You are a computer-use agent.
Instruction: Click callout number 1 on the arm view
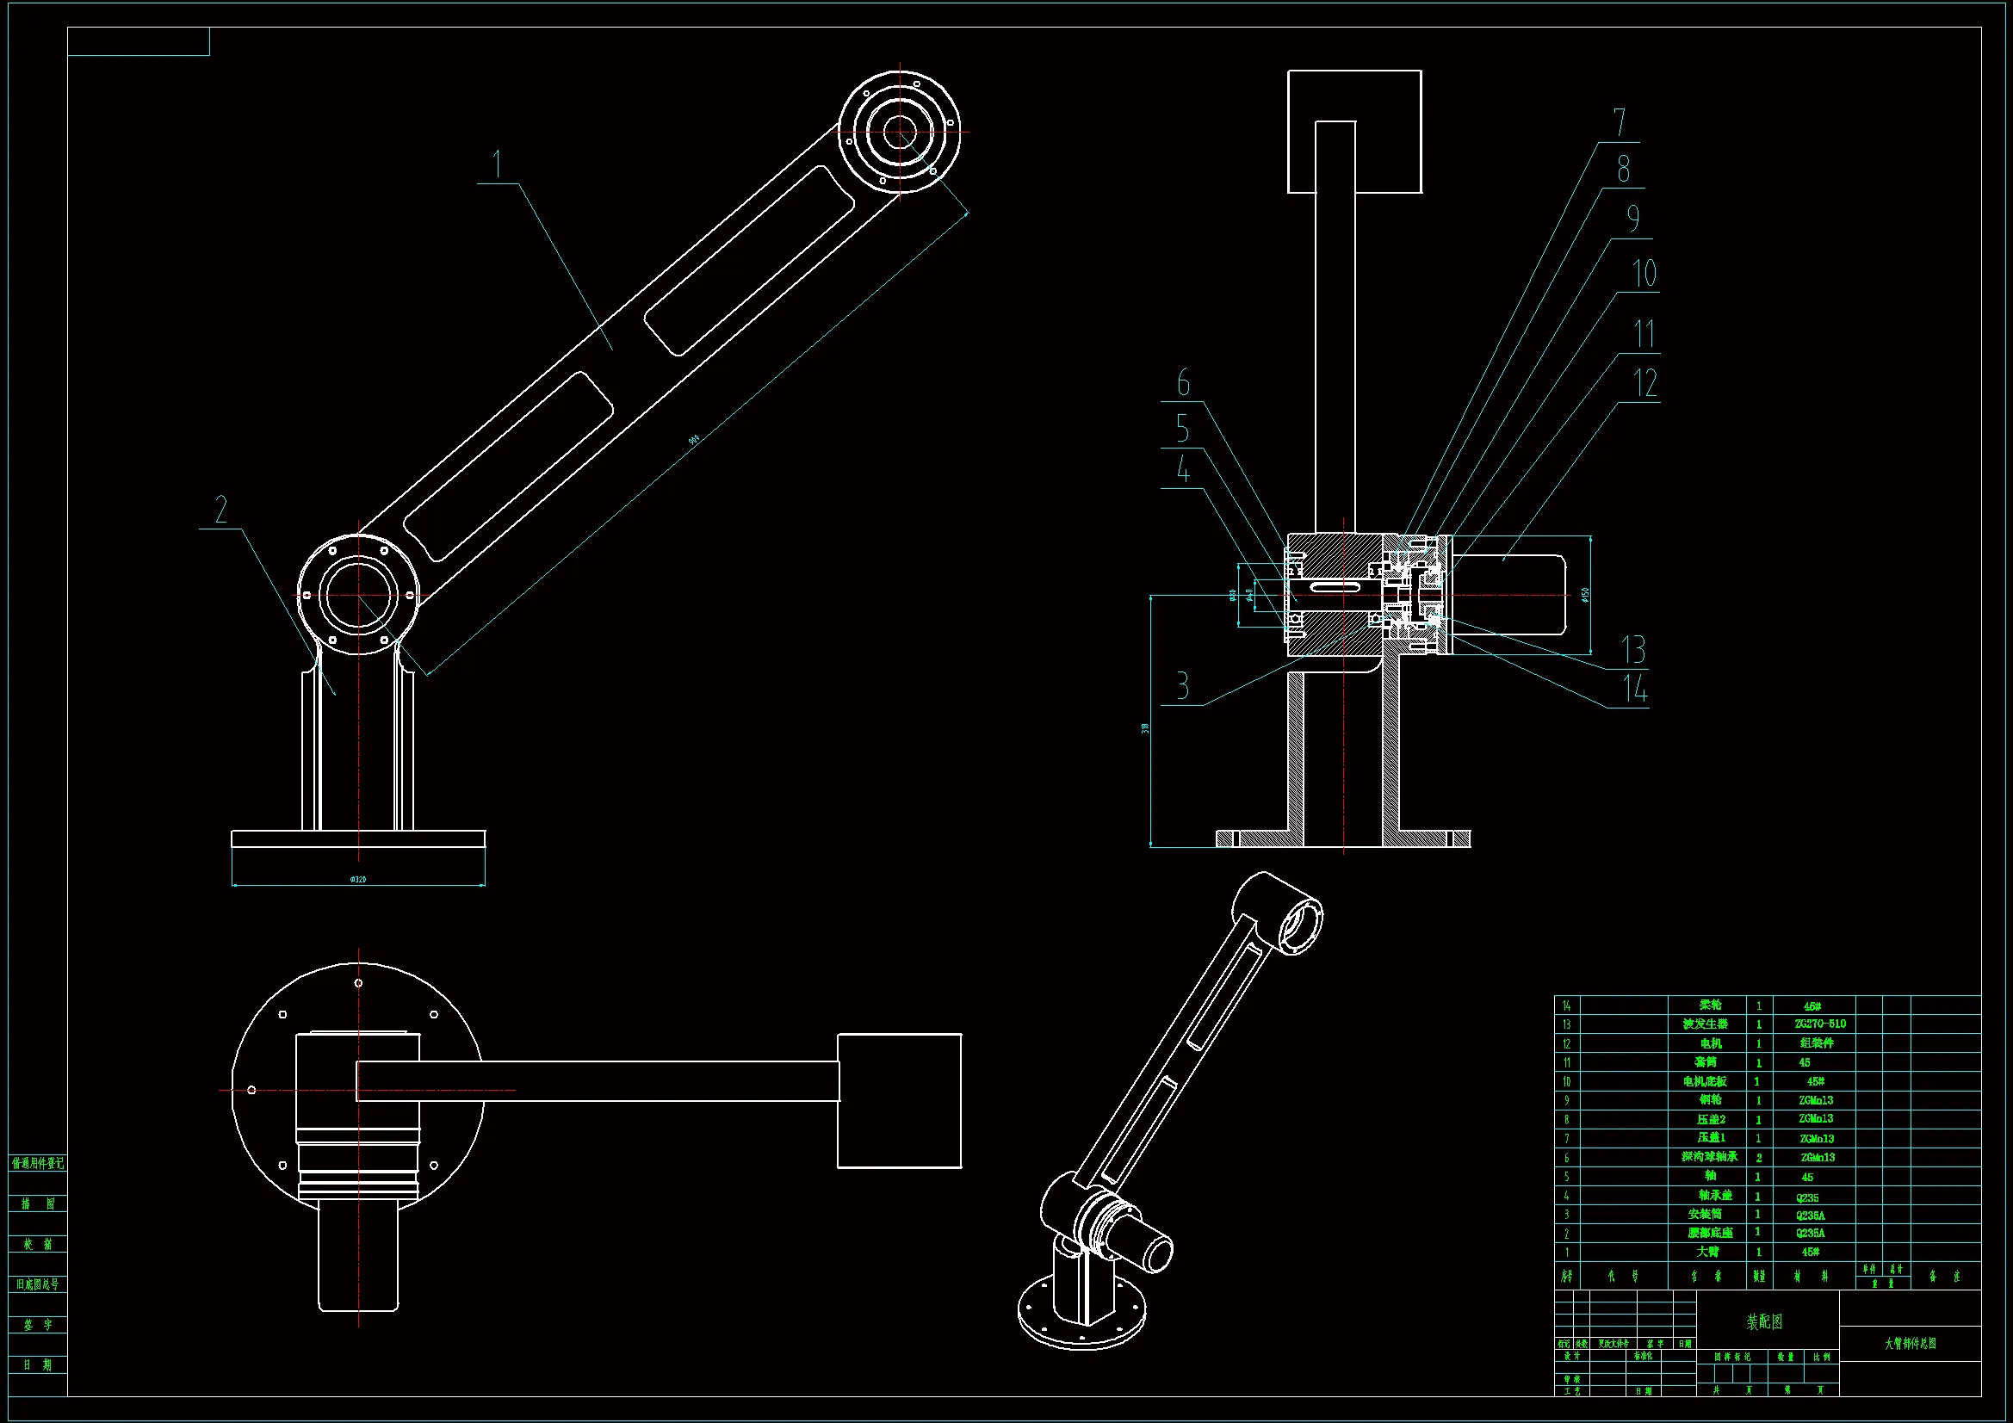[x=497, y=164]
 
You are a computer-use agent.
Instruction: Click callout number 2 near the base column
[x=221, y=510]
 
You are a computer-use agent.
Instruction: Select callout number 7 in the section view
[x=1620, y=123]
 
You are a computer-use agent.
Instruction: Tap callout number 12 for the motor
[x=1645, y=383]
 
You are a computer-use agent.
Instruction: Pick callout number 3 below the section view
[x=1183, y=685]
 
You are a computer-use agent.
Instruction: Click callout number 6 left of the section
[x=1184, y=383]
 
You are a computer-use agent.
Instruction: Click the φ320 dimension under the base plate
[x=357, y=879]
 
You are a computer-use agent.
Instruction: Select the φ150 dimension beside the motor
[x=1585, y=595]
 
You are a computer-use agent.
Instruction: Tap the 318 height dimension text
[x=1145, y=727]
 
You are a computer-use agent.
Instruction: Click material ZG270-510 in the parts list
[x=1820, y=1024]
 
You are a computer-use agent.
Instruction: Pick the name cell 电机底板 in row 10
[x=1705, y=1081]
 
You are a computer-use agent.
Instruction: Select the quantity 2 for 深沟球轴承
[x=1759, y=1157]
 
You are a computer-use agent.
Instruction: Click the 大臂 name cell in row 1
[x=1707, y=1252]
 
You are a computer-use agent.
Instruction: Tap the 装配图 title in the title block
[x=1764, y=1321]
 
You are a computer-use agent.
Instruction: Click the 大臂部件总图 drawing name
[x=1911, y=1343]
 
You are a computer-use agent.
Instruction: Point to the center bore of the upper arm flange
[x=900, y=133]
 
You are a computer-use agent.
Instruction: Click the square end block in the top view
[x=899, y=1100]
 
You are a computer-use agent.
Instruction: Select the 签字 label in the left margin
[x=38, y=1325]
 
